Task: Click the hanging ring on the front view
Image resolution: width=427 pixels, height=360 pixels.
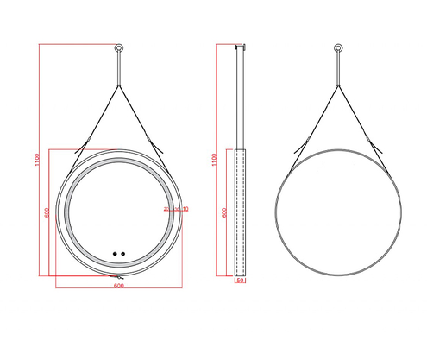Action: pyautogui.click(x=118, y=47)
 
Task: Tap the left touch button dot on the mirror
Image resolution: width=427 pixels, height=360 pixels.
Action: pyautogui.click(x=113, y=254)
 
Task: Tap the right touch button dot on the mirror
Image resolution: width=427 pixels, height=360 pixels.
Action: pyautogui.click(x=123, y=254)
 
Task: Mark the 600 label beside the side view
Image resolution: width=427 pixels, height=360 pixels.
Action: pyautogui.click(x=224, y=213)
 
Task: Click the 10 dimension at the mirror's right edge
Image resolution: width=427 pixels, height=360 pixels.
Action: pyautogui.click(x=185, y=209)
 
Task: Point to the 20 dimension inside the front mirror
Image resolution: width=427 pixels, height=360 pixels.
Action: pyautogui.click(x=166, y=209)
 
